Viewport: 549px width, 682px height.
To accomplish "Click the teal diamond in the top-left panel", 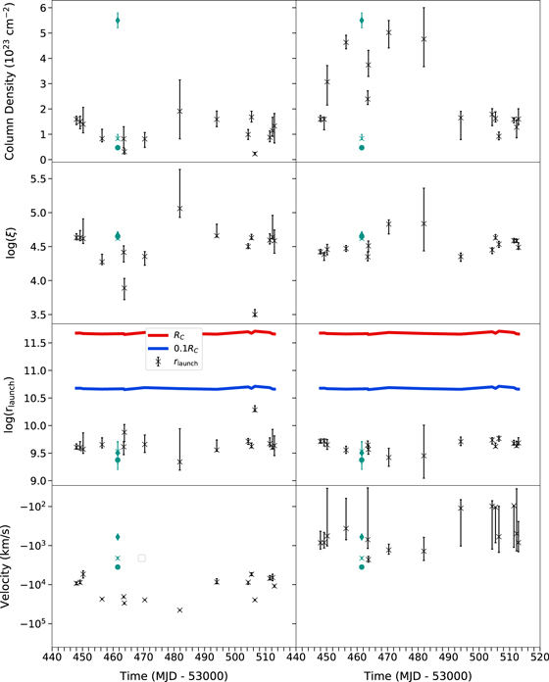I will click(118, 21).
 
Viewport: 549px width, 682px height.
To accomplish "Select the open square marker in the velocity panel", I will click(142, 558).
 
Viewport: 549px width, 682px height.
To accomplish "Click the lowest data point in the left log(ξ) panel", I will click(255, 314).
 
